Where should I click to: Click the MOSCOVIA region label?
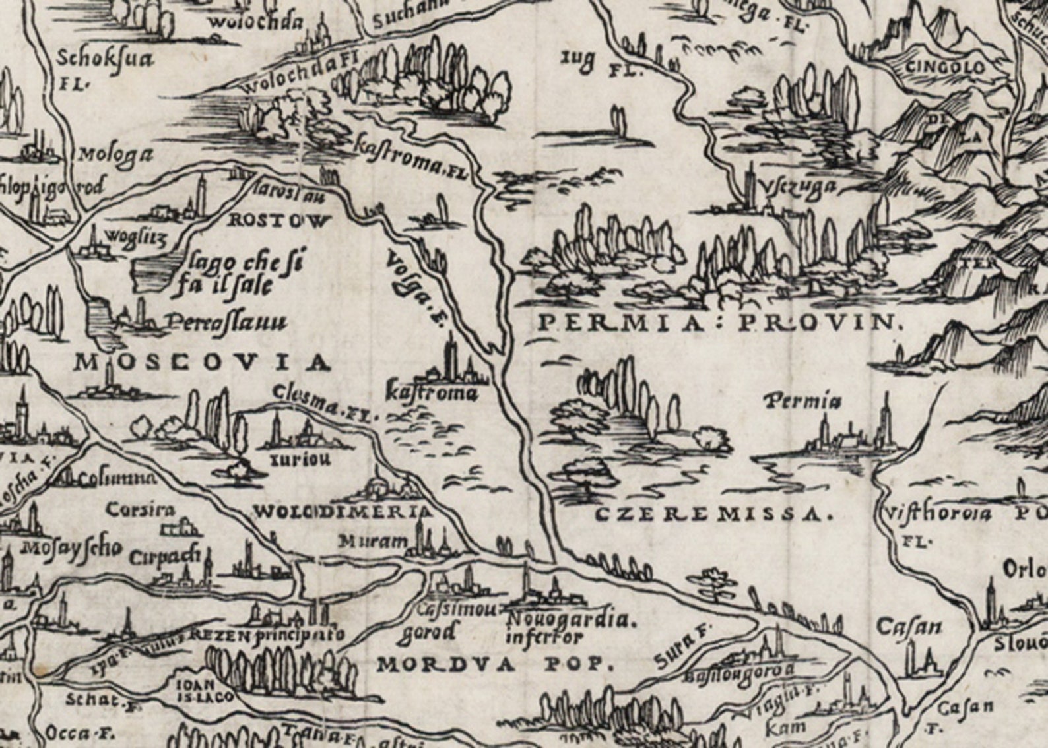(x=201, y=362)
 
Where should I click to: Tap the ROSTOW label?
(x=277, y=221)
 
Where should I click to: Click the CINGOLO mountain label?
(x=945, y=67)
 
